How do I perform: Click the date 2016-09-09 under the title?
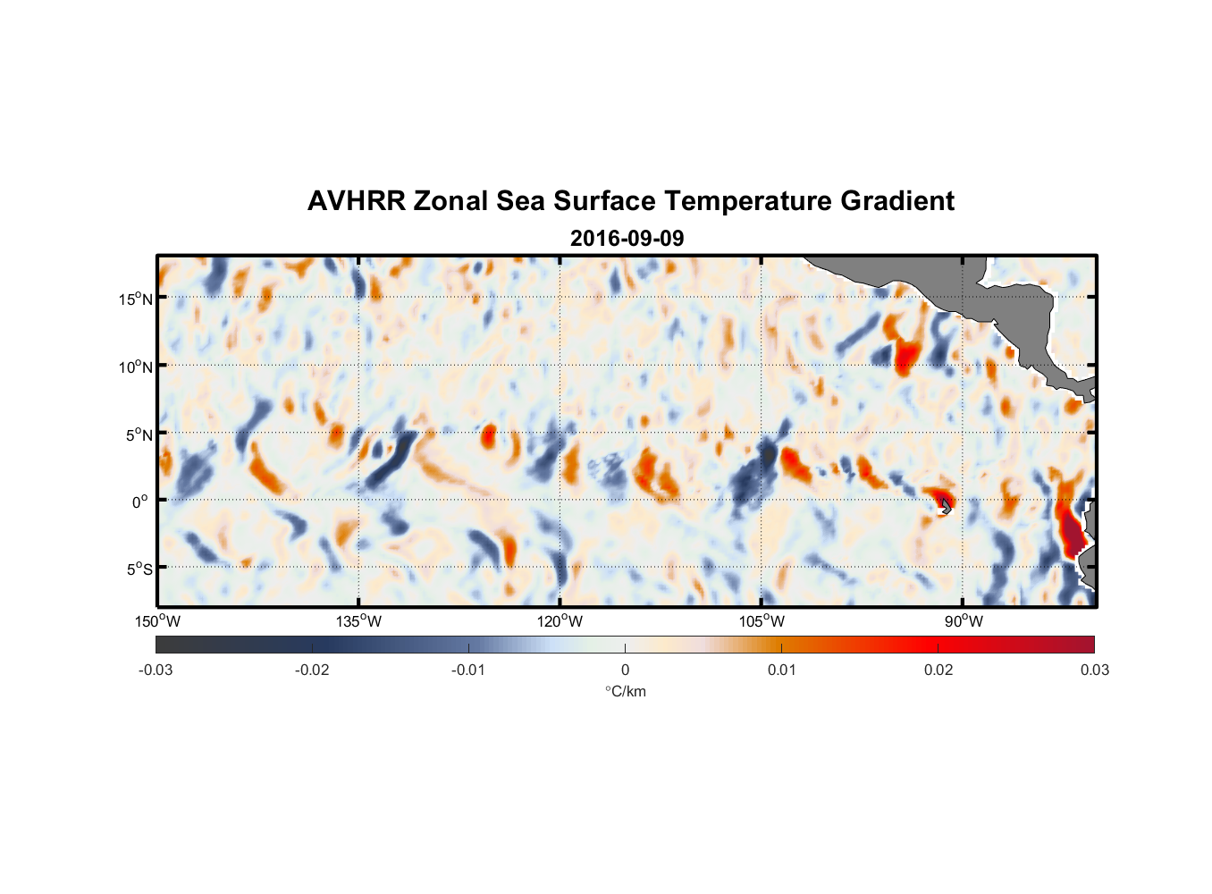click(x=627, y=239)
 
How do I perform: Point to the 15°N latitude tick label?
click(x=136, y=299)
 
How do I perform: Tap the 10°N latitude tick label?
click(x=136, y=367)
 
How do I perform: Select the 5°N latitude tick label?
click(x=139, y=434)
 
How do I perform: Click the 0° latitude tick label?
click(x=140, y=502)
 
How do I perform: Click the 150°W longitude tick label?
click(x=158, y=621)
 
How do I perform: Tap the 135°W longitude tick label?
click(x=359, y=621)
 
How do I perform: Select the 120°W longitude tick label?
click(x=560, y=621)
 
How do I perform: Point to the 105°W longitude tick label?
click(x=762, y=621)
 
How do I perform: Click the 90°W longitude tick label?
click(x=964, y=621)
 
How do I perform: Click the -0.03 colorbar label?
click(x=156, y=670)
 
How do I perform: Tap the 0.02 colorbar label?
click(x=938, y=670)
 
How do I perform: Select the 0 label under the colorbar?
click(x=625, y=670)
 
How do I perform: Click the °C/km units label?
click(x=626, y=691)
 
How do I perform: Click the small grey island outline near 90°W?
click(x=946, y=507)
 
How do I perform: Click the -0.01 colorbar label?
click(x=468, y=670)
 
